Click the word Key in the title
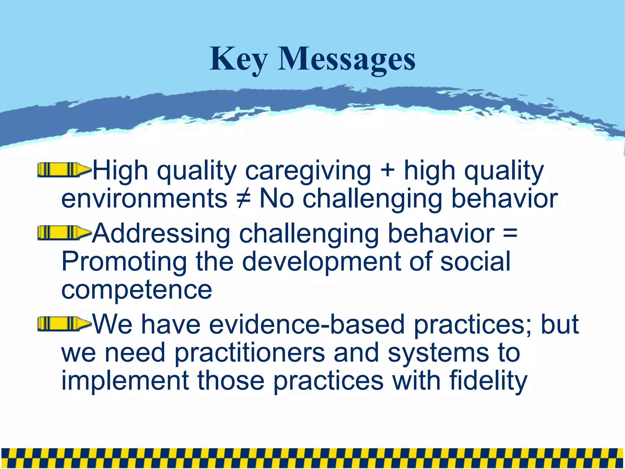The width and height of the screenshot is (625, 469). click(238, 60)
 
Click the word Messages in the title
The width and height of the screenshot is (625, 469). click(346, 60)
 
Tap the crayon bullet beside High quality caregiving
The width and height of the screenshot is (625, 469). click(64, 170)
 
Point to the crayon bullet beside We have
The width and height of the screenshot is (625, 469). click(64, 324)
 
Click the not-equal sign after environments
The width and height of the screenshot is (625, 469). click(243, 198)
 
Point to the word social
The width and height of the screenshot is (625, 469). click(475, 262)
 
